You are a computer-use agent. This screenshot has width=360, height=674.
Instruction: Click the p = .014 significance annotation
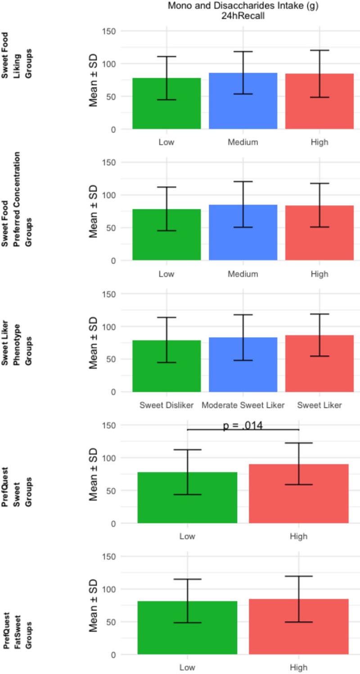(243, 425)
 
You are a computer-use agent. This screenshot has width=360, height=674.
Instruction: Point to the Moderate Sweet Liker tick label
(243, 405)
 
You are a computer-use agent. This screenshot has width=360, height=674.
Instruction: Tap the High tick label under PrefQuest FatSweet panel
(299, 668)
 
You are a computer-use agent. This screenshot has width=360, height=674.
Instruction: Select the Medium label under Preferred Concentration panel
(243, 274)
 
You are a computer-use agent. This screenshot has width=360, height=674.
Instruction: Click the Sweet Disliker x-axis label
(166, 405)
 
